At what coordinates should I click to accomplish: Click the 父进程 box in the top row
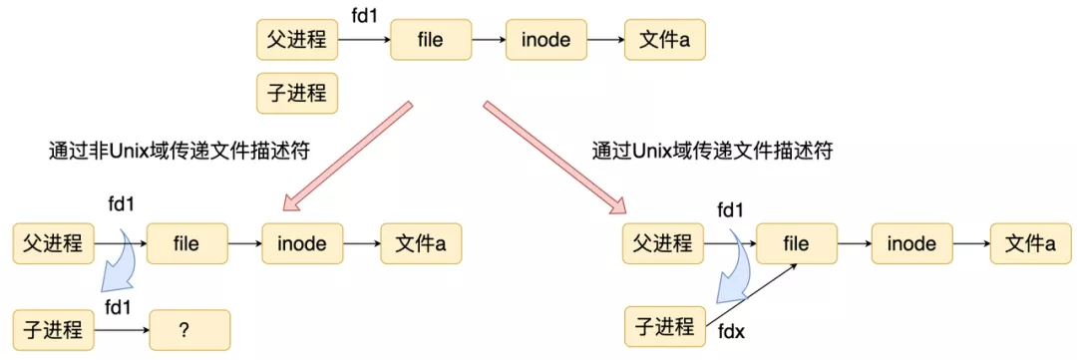297,41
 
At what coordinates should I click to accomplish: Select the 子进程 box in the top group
297,94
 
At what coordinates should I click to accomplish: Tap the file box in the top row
430,41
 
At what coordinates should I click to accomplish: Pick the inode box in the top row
545,41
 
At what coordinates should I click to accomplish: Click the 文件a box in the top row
664,41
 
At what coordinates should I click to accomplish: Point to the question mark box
189,328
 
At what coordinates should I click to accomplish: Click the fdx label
731,330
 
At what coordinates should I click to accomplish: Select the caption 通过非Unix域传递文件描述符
178,152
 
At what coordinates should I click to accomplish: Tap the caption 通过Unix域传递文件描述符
712,152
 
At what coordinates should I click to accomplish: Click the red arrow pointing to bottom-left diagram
347,157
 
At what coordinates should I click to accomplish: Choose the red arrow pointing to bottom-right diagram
554,157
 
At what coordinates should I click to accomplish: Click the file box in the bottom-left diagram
186,243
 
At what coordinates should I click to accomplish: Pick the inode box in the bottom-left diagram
302,243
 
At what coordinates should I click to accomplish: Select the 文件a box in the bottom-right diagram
1030,244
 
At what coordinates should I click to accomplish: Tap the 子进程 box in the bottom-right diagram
663,327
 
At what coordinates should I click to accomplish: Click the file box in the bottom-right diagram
796,244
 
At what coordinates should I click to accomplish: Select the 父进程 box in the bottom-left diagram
53,243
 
